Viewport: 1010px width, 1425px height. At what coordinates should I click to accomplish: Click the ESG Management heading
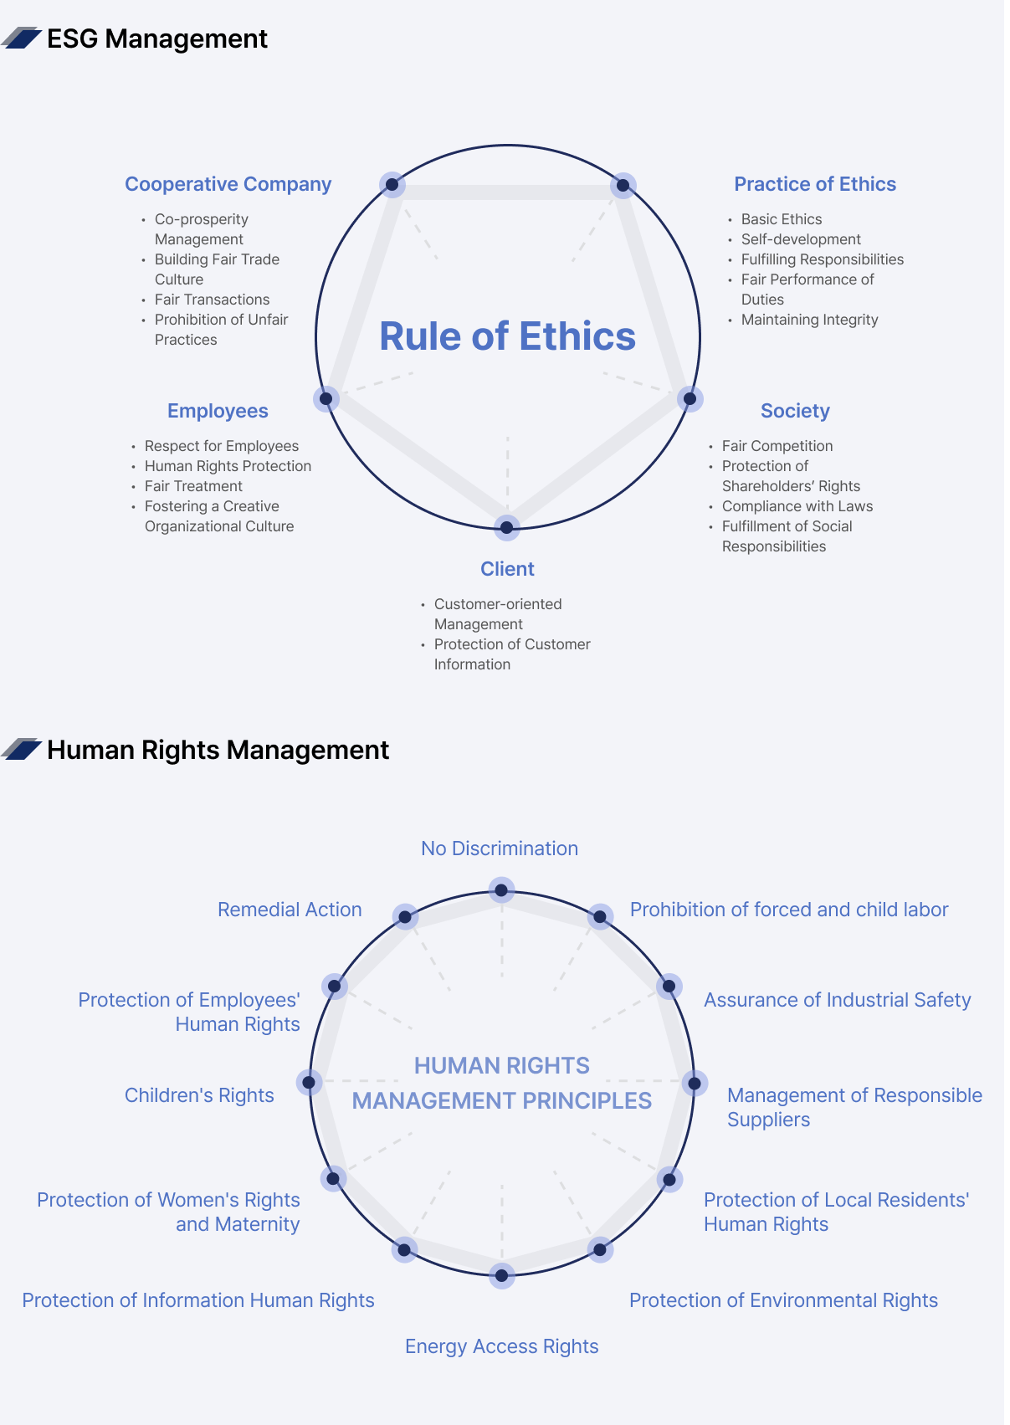pyautogui.click(x=157, y=38)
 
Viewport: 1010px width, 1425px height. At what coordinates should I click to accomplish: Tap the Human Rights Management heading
pyautogui.click(x=218, y=751)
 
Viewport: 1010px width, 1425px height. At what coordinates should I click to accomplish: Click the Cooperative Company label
pyautogui.click(x=229, y=184)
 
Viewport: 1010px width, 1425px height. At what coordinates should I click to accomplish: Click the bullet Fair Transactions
pyautogui.click(x=213, y=300)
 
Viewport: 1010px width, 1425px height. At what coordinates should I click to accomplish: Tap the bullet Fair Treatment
pyautogui.click(x=194, y=487)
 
